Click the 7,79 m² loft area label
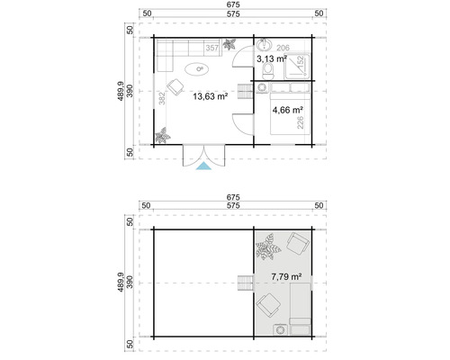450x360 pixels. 286,278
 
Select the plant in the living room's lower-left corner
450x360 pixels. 163,136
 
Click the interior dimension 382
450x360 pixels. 160,100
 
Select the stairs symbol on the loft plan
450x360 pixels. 244,283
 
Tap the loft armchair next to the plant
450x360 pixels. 297,244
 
